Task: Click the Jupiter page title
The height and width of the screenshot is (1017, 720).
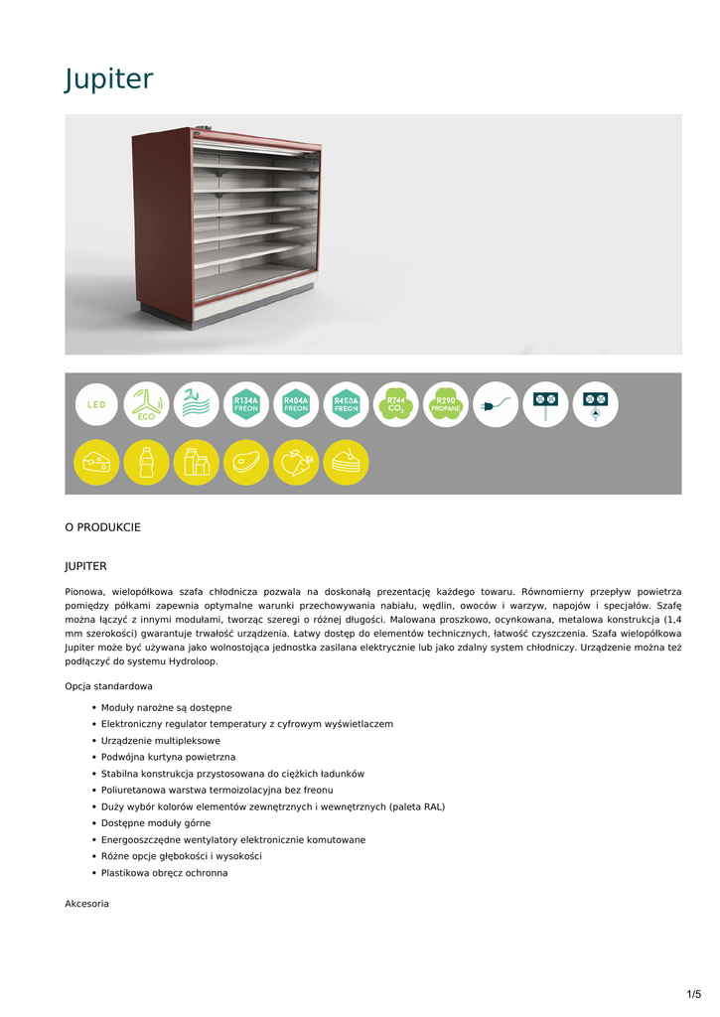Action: pyautogui.click(x=109, y=78)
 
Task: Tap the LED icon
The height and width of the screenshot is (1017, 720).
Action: pyautogui.click(x=97, y=405)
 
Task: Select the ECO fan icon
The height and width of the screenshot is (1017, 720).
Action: pyautogui.click(x=147, y=405)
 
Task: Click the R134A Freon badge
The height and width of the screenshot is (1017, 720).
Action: pyautogui.click(x=246, y=405)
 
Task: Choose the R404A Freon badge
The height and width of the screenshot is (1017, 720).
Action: pyautogui.click(x=296, y=405)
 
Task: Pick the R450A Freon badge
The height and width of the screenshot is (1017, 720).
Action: pyautogui.click(x=346, y=405)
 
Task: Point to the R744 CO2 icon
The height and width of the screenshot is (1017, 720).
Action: pyautogui.click(x=395, y=405)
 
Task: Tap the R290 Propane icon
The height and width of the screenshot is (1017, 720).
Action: pyautogui.click(x=445, y=405)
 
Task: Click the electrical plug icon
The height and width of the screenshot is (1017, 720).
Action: pyautogui.click(x=495, y=405)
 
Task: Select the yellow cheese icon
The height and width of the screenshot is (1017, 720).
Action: pyautogui.click(x=97, y=462)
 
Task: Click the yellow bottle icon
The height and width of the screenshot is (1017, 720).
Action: pyautogui.click(x=147, y=462)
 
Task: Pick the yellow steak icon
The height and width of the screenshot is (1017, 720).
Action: pyautogui.click(x=246, y=462)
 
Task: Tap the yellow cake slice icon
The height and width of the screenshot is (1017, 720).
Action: pyautogui.click(x=346, y=462)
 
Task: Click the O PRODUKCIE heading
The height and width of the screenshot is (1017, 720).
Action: pyautogui.click(x=102, y=527)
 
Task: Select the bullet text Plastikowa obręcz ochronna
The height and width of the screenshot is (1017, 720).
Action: pyautogui.click(x=164, y=873)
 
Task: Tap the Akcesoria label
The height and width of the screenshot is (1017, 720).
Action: pyautogui.click(x=86, y=904)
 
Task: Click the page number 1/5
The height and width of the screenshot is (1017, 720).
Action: pyautogui.click(x=693, y=994)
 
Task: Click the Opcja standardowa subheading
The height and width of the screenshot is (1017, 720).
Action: pyautogui.click(x=108, y=686)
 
